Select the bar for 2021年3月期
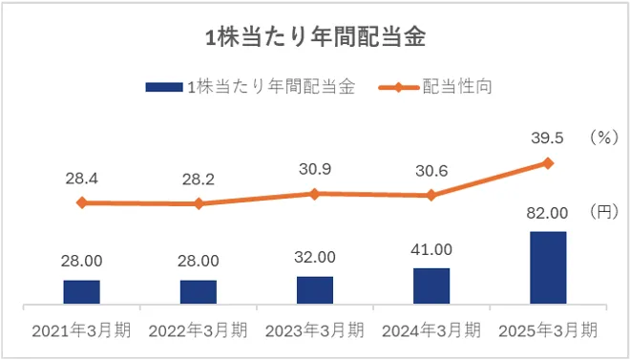pos(82,291)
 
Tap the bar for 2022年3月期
pos(199,291)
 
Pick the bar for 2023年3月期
pos(315,289)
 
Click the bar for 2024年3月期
pos(431,286)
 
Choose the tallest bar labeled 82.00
pos(548,267)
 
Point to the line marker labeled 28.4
pos(82,202)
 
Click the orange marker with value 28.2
pos(199,203)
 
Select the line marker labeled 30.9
pos(315,193)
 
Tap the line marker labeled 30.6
pos(431,195)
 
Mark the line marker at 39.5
pos(548,162)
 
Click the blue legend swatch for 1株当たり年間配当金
pos(163,87)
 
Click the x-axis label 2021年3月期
pos(82,330)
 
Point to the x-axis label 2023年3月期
pos(315,330)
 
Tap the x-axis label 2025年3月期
pos(548,330)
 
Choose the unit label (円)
pos(604,210)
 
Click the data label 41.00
pos(431,249)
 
